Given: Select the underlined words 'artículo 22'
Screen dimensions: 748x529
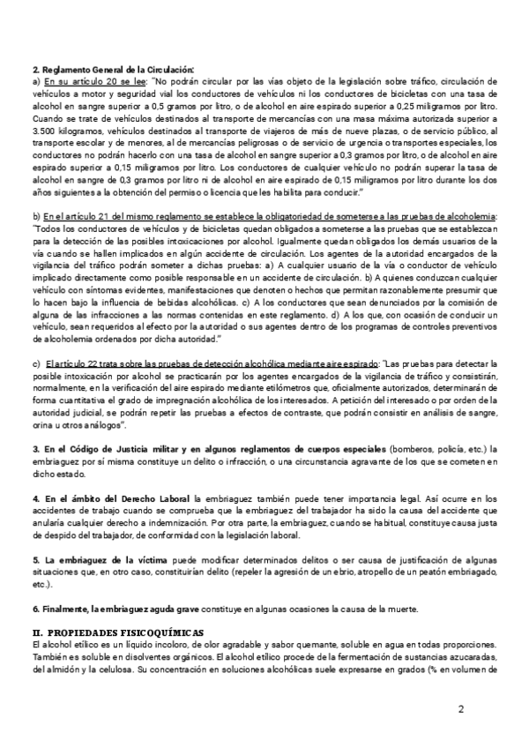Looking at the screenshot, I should pos(66,363).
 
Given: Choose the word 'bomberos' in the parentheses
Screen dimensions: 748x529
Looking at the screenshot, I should pos(412,450).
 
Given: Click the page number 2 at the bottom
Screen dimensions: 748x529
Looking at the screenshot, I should pos(461,708).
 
